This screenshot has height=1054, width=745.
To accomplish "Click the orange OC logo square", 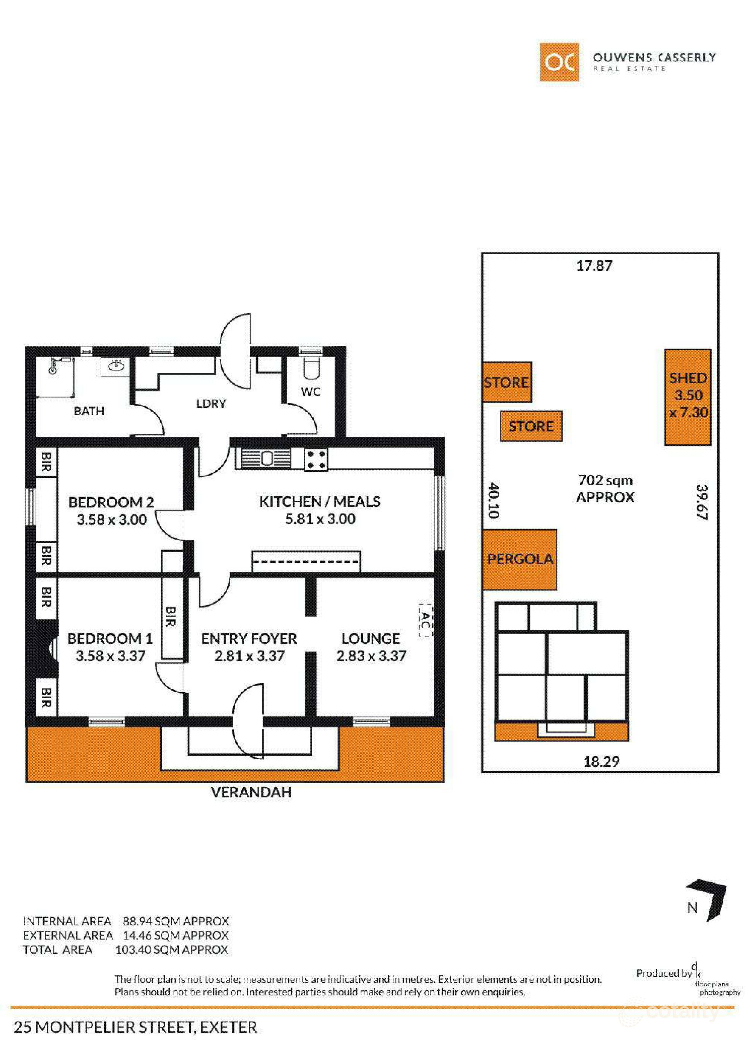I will coord(559,62).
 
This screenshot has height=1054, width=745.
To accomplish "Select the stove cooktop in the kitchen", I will coord(316,459).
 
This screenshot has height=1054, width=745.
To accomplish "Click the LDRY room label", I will coord(211,404).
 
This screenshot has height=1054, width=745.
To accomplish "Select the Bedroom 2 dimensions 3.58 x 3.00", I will coord(111,520).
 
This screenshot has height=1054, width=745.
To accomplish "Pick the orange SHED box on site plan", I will coord(688,397).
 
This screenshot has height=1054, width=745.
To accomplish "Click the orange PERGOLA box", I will coord(519,559).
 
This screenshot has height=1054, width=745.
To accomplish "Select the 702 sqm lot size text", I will coord(605,481).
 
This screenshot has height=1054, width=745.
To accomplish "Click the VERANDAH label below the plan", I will coord(251,792).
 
